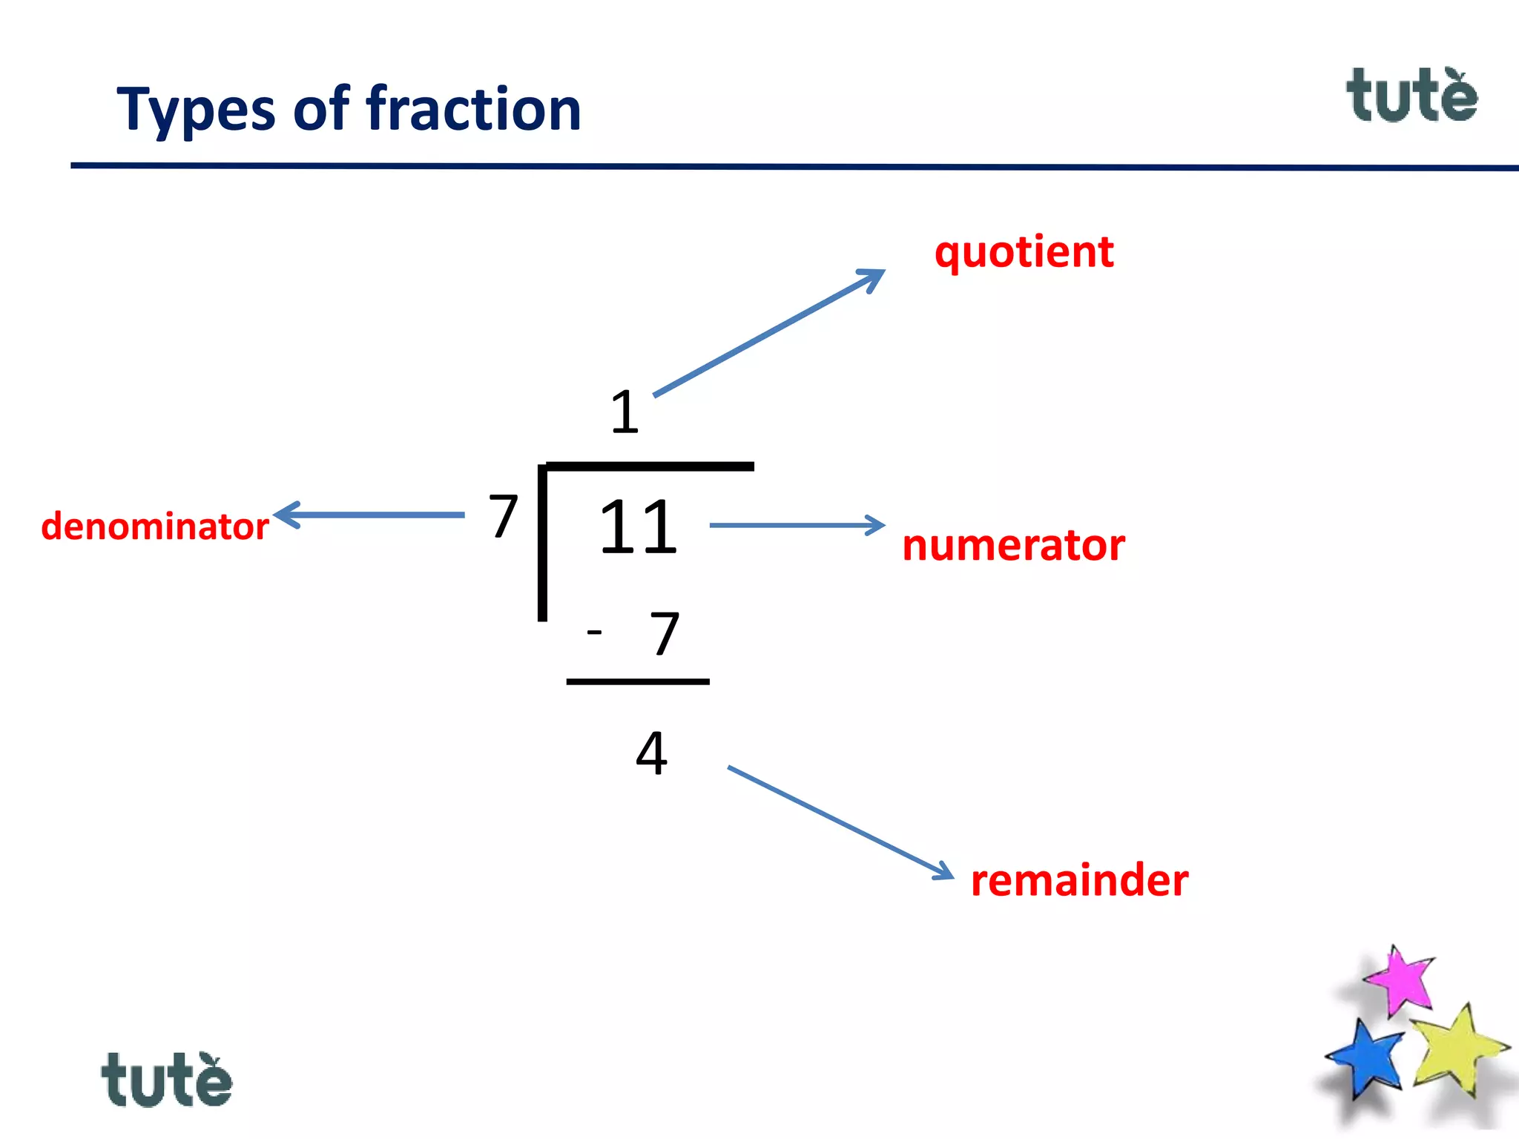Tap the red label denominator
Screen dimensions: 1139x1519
click(x=155, y=526)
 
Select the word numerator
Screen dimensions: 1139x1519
click(x=1013, y=545)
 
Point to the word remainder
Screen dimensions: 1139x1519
click(x=1079, y=880)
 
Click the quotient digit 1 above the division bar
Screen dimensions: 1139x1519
click(x=625, y=412)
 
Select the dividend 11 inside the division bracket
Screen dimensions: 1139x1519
click(x=638, y=527)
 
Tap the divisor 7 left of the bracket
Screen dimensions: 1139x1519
click(x=503, y=516)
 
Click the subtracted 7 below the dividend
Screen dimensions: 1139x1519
click(x=665, y=634)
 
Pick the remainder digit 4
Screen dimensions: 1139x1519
click(x=651, y=753)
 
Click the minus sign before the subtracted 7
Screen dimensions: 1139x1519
click(x=594, y=632)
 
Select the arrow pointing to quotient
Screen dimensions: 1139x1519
click(x=768, y=333)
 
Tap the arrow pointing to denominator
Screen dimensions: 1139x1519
click(x=369, y=515)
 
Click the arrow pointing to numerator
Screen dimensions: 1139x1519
click(x=797, y=525)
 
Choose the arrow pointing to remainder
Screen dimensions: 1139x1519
click(x=840, y=822)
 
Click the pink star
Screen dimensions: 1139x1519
click(x=1400, y=980)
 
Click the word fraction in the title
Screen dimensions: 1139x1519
click(x=474, y=109)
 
